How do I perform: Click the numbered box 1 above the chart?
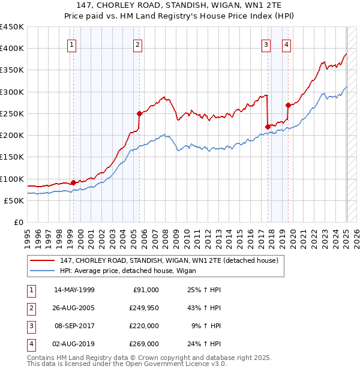pyautogui.click(x=72, y=44)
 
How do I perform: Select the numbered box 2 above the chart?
pyautogui.click(x=138, y=44)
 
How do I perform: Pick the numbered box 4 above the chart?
pyautogui.click(x=287, y=44)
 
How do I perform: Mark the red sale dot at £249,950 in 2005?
pyautogui.click(x=139, y=113)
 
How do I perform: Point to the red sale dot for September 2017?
pyautogui.click(x=267, y=126)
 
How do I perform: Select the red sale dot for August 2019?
pyautogui.click(x=288, y=105)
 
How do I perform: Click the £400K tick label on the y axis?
pyautogui.click(x=12, y=49)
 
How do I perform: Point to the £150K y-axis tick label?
pyautogui.click(x=12, y=157)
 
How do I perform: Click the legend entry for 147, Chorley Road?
pyautogui.click(x=169, y=261)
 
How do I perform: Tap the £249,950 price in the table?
pyautogui.click(x=144, y=308)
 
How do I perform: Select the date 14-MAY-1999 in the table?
pyautogui.click(x=74, y=290)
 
